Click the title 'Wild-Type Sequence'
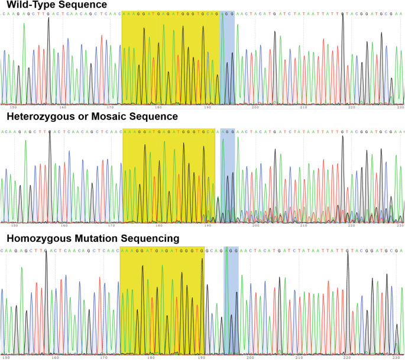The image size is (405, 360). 57,5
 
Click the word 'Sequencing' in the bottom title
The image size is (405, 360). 150,239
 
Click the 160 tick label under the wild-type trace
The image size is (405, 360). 63,108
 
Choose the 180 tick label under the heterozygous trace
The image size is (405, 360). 158,225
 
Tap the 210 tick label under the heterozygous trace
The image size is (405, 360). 304,225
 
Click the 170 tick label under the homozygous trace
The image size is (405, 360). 103,356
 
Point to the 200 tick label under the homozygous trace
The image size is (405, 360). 250,356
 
